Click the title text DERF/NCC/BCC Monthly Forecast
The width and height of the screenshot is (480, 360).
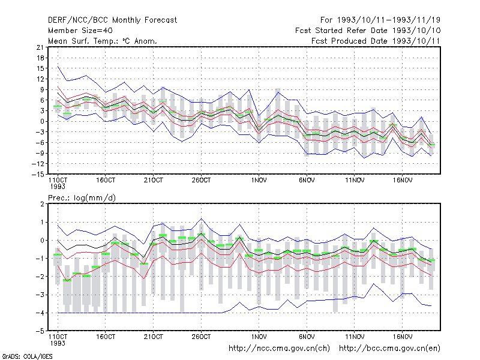pyautogui.click(x=112, y=20)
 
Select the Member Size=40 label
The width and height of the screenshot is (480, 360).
pyautogui.click(x=80, y=31)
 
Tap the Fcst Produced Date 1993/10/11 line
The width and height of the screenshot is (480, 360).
pyautogui.click(x=376, y=41)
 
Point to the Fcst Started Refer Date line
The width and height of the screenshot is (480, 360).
pyautogui.click(x=368, y=31)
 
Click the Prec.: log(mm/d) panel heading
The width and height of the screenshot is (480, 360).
pyautogui.click(x=82, y=198)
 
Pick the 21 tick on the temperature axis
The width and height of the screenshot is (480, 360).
pyautogui.click(x=40, y=47)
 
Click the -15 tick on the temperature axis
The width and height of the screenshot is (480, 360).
pyautogui.click(x=38, y=174)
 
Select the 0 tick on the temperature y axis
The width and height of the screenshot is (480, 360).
pyautogui.click(x=42, y=122)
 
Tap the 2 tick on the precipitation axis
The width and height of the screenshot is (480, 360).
pyautogui.click(x=42, y=204)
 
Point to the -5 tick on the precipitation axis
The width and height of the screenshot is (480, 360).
pyautogui.click(x=40, y=331)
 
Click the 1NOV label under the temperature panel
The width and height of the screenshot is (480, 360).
pyautogui.click(x=259, y=181)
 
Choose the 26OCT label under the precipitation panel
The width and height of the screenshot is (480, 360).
pyautogui.click(x=201, y=337)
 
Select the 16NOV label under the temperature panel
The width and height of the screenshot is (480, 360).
pyautogui.click(x=403, y=181)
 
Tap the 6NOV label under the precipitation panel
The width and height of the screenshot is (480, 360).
pyautogui.click(x=307, y=337)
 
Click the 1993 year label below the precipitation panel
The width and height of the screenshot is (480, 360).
pyautogui.click(x=58, y=343)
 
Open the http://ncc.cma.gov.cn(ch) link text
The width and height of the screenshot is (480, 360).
pyautogui.click(x=279, y=349)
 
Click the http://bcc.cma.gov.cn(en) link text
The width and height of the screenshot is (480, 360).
pyautogui.click(x=389, y=349)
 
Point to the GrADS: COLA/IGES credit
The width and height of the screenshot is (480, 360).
pyautogui.click(x=27, y=356)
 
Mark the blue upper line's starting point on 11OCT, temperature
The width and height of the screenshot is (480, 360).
pyautogui.click(x=58, y=67)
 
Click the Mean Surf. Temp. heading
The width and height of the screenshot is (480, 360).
pyautogui.click(x=102, y=41)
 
